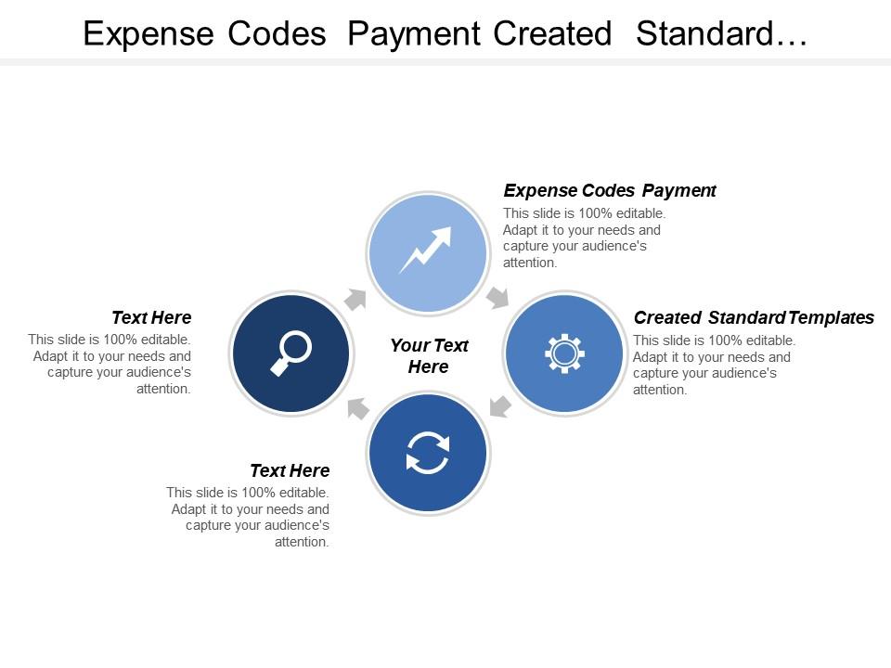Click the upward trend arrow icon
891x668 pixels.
tap(426, 250)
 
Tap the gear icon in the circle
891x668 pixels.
tap(563, 353)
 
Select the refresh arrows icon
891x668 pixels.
tap(427, 454)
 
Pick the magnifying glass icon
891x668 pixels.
tap(291, 353)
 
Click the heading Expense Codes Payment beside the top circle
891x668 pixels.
tap(609, 191)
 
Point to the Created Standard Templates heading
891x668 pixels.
tap(753, 318)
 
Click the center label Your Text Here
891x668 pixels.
tap(429, 355)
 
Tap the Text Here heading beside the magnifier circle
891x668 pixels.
tap(151, 318)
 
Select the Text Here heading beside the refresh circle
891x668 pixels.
tap(290, 471)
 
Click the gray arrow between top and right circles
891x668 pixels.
tap(498, 297)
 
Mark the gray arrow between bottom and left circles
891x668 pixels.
tap(357, 408)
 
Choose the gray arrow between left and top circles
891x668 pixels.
tap(356, 298)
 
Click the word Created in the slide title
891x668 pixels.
tap(552, 34)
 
